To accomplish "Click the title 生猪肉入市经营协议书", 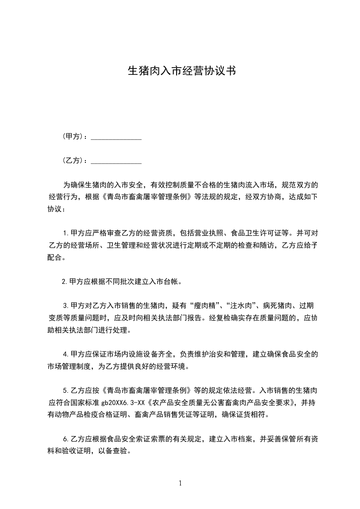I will (180, 71).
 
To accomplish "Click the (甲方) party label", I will (74, 137).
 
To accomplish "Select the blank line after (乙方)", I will (116, 161).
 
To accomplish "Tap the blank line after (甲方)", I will (116, 137).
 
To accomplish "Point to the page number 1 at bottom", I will (180, 483).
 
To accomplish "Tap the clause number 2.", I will (64, 281).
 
